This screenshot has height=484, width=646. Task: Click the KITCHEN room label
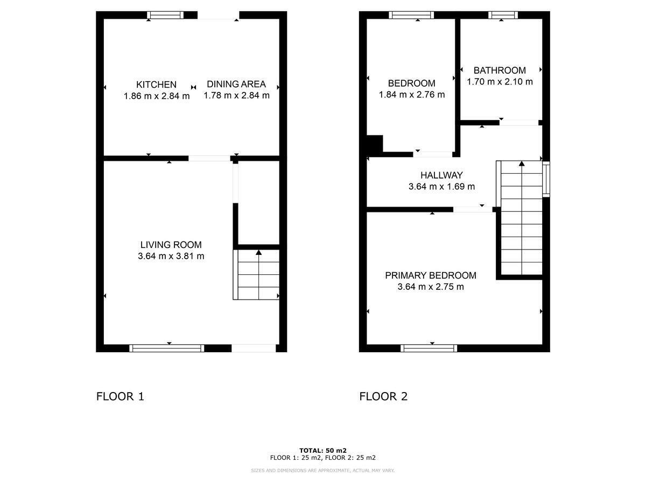point(156,84)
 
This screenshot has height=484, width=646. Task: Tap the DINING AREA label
point(236,84)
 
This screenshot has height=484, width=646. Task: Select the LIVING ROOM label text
point(171,245)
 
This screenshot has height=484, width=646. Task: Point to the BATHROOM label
point(500,70)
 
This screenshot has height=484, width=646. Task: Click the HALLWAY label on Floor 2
point(441,175)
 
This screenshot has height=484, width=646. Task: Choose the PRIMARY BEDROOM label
point(431,275)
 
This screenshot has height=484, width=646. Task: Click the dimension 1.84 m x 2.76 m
point(412,95)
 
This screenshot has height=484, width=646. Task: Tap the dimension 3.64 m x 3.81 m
point(171,257)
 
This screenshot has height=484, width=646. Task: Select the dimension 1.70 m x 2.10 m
point(500,82)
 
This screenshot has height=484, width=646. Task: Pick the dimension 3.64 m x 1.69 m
point(441,187)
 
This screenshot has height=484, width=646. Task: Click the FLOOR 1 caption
point(120,397)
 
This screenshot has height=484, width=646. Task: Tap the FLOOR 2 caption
point(383,397)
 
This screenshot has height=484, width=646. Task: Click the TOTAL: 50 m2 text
point(323,451)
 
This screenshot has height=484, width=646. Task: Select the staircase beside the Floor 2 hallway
point(521,218)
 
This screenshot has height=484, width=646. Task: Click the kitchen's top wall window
point(165,16)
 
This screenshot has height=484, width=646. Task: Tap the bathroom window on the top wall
point(503,15)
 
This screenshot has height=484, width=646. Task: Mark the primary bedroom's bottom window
point(429,348)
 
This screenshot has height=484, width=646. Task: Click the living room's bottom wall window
point(167,348)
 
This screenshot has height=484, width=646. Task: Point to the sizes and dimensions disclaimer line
point(323,471)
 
